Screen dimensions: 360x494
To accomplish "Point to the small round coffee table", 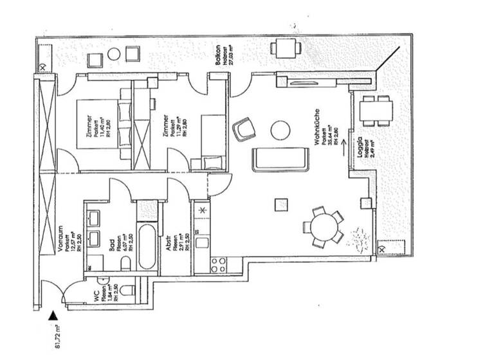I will pyautogui.click(x=280, y=130).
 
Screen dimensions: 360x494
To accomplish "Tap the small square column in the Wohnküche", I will pyautogui.click(x=280, y=204).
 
